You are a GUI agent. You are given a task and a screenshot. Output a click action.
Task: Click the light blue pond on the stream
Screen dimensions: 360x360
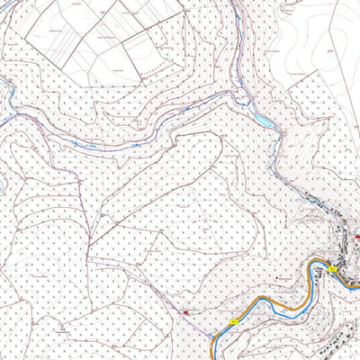(261, 118)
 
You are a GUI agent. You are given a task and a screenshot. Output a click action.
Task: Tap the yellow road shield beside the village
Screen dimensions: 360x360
(331, 269)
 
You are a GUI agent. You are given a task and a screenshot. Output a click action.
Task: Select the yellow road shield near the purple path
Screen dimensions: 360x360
(236, 319)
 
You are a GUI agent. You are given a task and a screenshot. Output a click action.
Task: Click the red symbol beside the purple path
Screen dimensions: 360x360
(185, 313)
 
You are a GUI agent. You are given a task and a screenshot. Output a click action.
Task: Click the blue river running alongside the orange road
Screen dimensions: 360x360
(270, 301)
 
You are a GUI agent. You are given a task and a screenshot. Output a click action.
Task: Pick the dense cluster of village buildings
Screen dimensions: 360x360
(342, 243)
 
